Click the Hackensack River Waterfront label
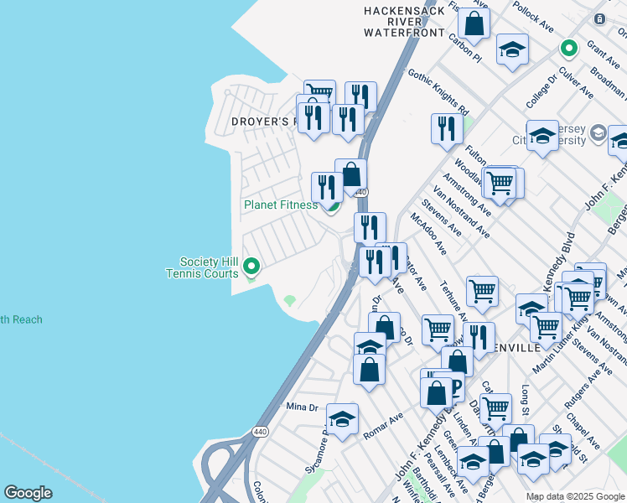point(403,22)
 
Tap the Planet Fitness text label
point(281,205)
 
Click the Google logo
point(28,493)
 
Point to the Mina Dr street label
point(303,407)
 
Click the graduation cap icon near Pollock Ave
point(512,49)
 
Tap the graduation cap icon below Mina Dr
point(342,419)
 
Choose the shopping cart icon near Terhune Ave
point(482,292)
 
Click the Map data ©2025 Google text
point(574,496)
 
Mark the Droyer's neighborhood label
point(265,122)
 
